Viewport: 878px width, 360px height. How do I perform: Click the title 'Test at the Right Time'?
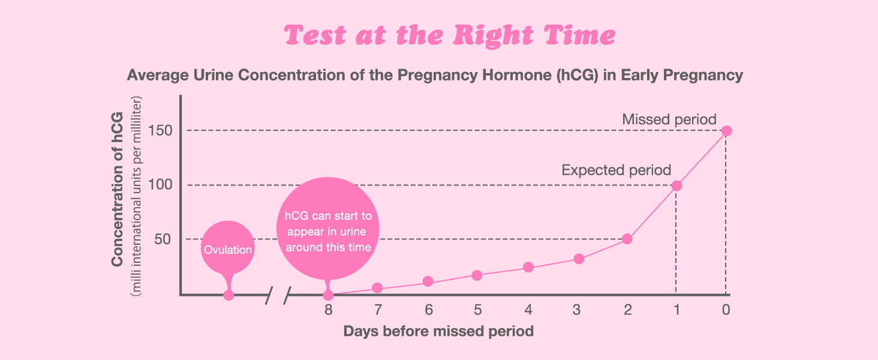[x=450, y=36]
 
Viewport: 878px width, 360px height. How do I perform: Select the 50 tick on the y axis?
[x=165, y=239]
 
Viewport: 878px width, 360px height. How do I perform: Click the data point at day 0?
[x=726, y=131]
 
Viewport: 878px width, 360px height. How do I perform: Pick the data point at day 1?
[x=676, y=185]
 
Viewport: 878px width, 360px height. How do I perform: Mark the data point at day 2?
[x=627, y=239]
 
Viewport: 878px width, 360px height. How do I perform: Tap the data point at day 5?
[x=477, y=275]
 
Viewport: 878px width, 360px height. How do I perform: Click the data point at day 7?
[x=377, y=288]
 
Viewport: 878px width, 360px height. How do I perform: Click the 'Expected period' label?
[x=616, y=170]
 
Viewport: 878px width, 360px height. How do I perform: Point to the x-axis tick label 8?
[x=328, y=310]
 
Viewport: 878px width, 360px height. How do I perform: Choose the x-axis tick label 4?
[x=528, y=310]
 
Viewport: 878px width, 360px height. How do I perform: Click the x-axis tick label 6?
[x=428, y=310]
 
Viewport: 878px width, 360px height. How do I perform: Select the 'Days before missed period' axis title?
[x=438, y=331]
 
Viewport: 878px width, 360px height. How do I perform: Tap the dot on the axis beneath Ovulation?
[x=228, y=295]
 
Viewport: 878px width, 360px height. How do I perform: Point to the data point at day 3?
[x=579, y=259]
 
